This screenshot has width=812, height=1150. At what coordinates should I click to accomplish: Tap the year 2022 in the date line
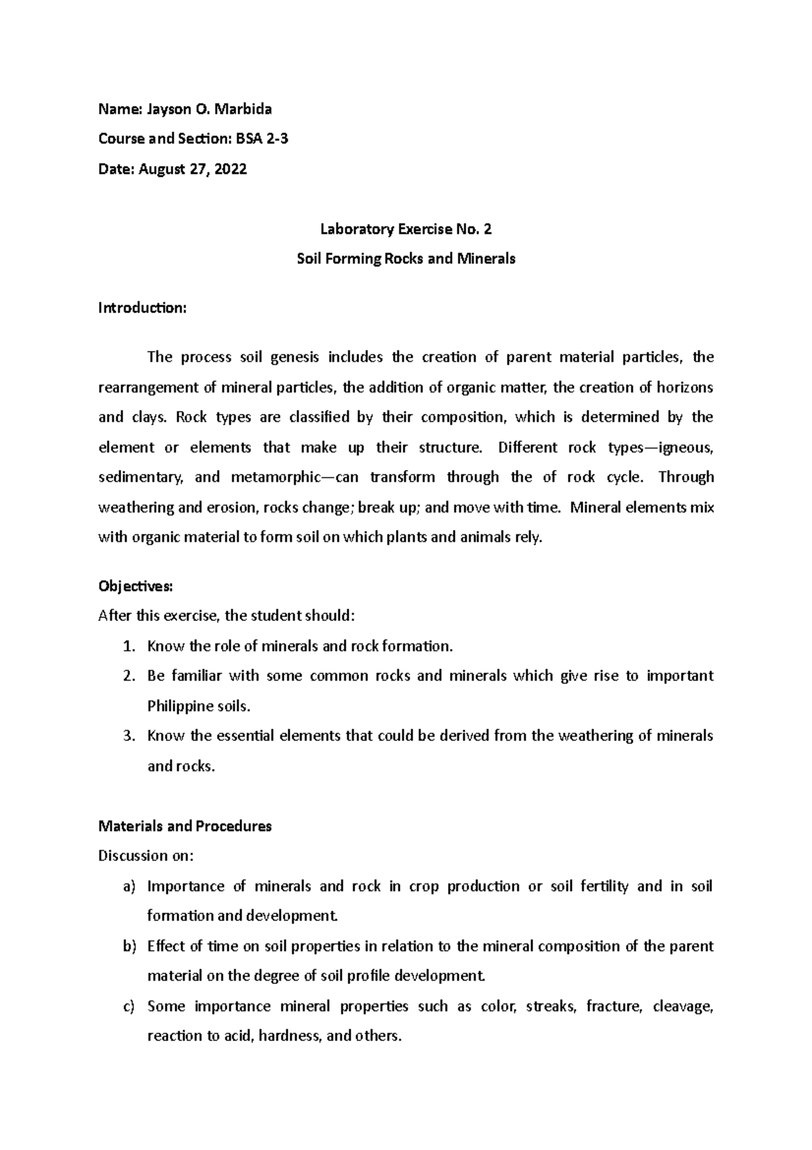coord(231,169)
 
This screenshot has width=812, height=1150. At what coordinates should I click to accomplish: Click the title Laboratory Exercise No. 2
coord(405,229)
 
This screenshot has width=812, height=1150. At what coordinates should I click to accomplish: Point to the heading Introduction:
coord(141,308)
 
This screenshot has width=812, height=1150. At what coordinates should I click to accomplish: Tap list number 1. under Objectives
coord(129,646)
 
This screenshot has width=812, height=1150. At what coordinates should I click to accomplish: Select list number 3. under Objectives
coord(129,736)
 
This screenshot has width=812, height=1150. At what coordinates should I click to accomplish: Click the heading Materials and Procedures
coord(185,826)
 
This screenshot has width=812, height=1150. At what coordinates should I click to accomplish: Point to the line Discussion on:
coord(145,856)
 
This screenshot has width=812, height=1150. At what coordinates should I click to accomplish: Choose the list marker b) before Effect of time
coord(129,946)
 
